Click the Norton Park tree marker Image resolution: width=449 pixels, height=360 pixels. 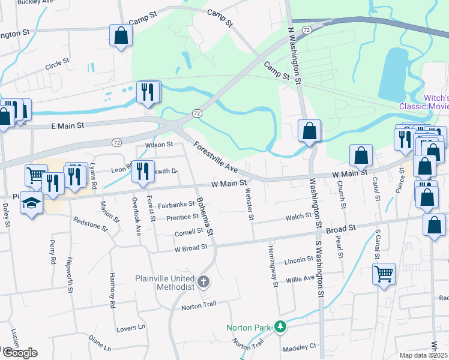[279, 327]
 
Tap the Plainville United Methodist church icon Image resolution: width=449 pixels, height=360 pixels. [204, 281]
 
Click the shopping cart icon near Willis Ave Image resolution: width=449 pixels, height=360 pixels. [384, 274]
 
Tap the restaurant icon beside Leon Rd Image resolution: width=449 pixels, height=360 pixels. [143, 171]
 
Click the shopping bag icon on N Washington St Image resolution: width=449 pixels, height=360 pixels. [309, 130]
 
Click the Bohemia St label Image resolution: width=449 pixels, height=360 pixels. [205, 216]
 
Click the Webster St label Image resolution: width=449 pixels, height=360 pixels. [249, 203]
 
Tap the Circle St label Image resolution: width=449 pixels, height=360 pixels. [58, 62]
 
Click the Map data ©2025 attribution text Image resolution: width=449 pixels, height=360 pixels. [423, 355]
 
